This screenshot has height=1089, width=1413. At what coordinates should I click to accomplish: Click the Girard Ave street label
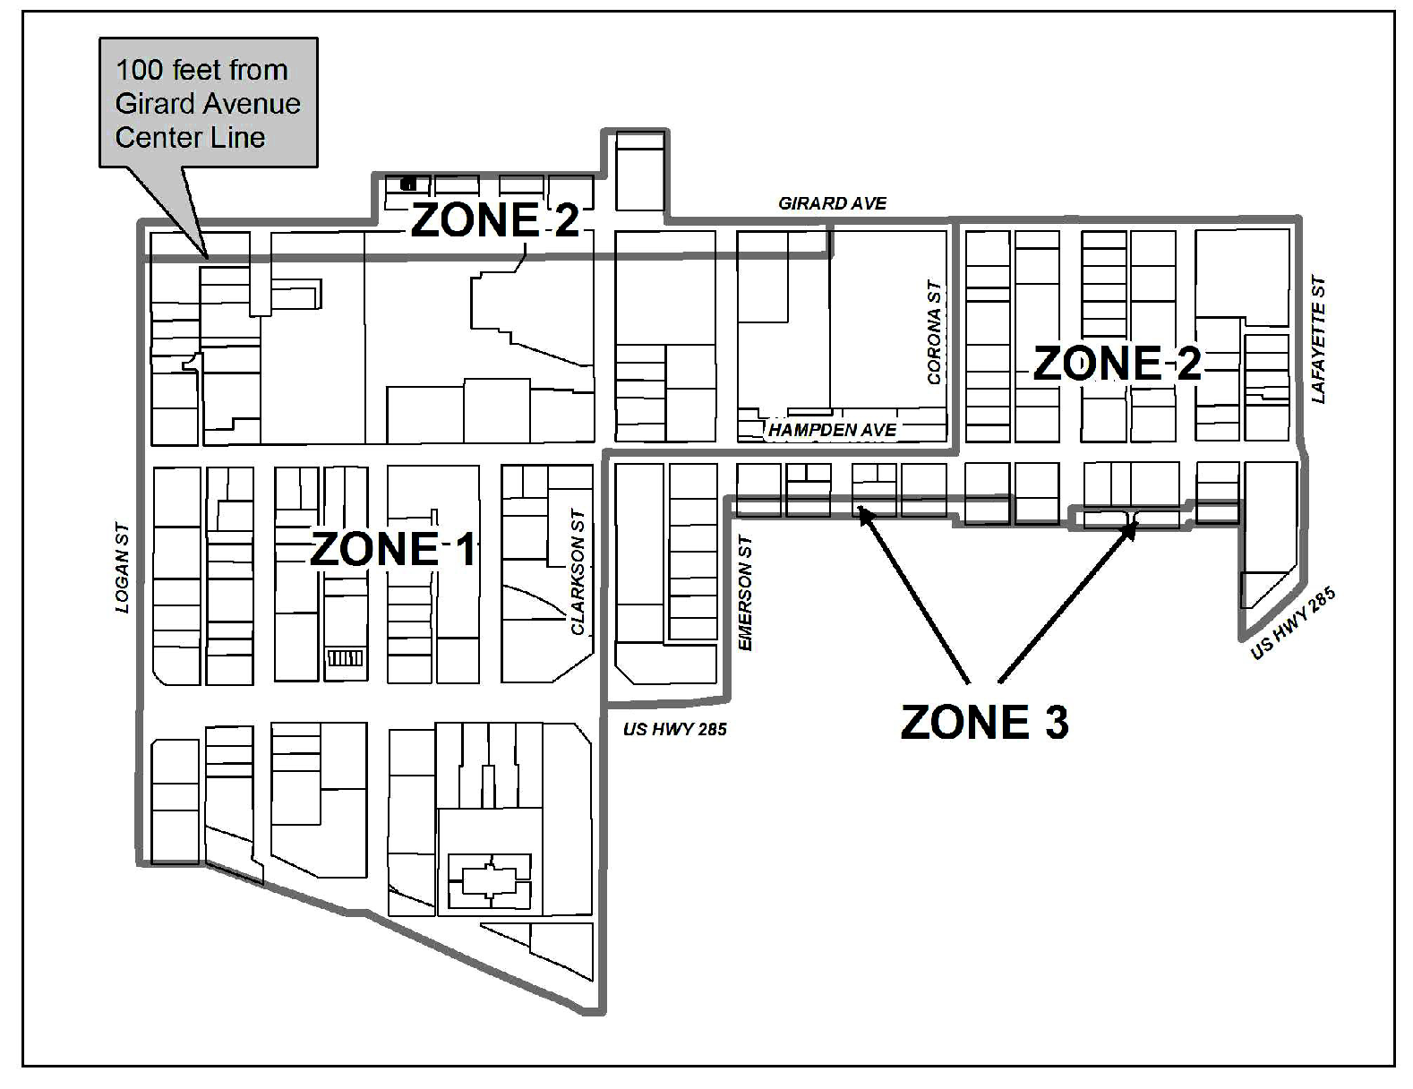832,203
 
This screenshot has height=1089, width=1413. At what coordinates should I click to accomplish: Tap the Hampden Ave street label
832,430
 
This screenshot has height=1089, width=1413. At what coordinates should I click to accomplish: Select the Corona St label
935,332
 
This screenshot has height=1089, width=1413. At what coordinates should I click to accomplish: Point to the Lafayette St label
1318,339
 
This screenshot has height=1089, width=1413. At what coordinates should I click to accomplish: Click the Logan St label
122,568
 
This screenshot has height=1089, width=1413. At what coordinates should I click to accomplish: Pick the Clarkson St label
578,572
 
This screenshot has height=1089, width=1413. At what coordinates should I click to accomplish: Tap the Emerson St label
745,592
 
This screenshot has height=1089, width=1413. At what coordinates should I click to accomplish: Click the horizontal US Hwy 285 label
674,729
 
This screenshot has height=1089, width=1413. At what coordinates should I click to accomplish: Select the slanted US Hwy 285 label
1293,622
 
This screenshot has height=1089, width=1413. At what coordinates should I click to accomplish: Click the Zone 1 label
393,549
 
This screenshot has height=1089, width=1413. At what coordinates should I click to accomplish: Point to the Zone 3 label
984,723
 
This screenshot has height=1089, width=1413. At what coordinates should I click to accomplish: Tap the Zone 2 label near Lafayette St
1117,363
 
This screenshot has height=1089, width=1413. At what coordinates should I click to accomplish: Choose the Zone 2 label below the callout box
495,219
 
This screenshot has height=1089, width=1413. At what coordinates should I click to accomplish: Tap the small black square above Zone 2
408,184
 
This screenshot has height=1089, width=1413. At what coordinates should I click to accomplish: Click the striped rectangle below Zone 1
345,658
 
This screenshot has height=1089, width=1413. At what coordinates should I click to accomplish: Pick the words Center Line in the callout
190,138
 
